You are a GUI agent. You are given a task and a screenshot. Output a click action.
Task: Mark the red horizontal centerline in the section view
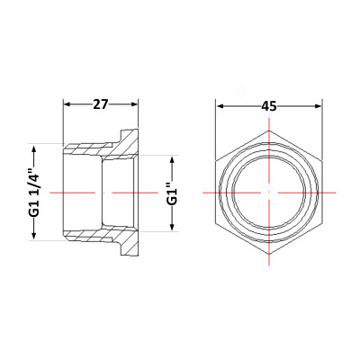81,193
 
